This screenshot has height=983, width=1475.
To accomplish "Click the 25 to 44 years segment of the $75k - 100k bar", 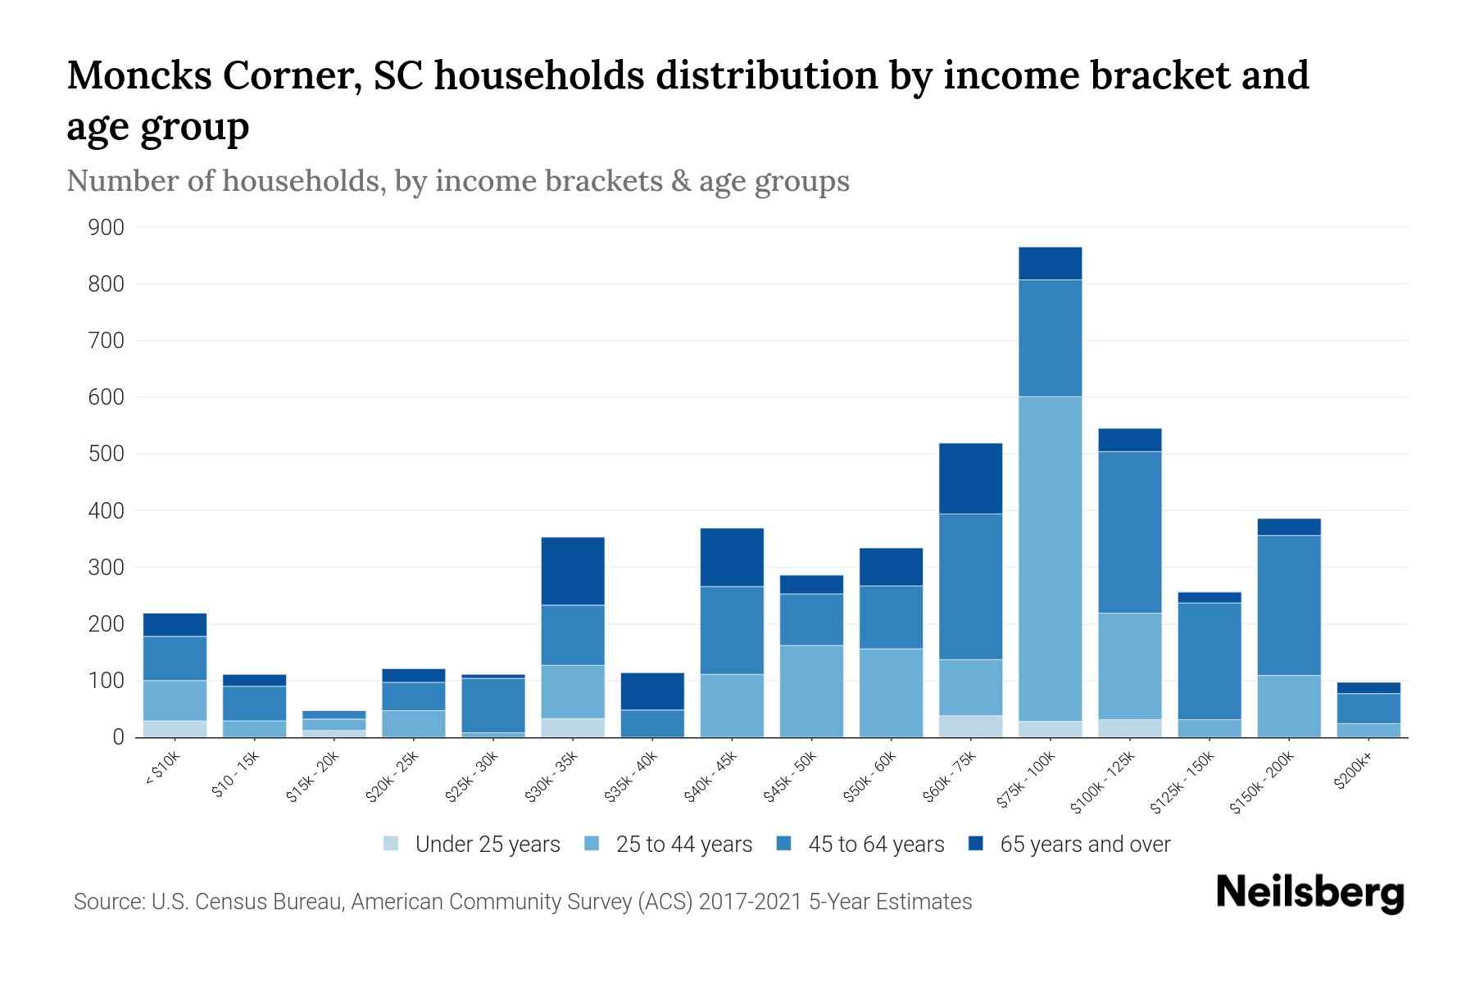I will tap(1050, 559).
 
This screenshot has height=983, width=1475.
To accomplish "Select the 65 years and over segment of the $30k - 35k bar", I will tap(573, 571).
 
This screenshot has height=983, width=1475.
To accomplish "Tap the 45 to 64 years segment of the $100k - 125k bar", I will tap(1129, 532).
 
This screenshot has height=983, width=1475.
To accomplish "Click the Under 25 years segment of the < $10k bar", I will tap(175, 728).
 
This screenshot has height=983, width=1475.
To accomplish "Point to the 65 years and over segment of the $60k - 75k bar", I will tap(970, 478).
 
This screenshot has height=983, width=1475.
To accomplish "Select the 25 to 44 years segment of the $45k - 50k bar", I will tap(811, 691).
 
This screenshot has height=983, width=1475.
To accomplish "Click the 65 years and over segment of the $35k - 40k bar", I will tap(652, 691).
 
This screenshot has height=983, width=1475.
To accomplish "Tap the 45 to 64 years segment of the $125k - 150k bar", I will tap(1209, 660).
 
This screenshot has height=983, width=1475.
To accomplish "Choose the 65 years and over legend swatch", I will tap(976, 844).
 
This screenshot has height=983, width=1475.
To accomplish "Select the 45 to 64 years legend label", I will tap(876, 845).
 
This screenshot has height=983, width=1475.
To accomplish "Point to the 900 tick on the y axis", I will tap(107, 228).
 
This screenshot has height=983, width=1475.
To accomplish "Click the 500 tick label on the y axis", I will tap(107, 454).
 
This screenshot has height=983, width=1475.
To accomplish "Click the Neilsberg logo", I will tap(1309, 893).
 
